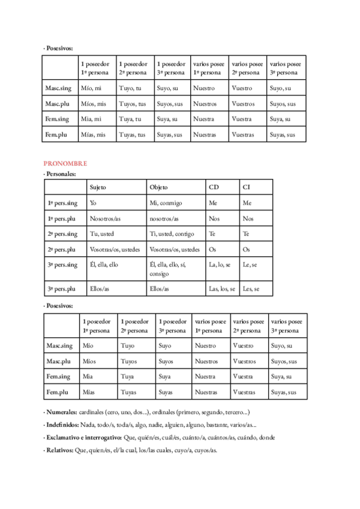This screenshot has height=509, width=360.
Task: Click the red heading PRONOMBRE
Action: pyautogui.click(x=65, y=163)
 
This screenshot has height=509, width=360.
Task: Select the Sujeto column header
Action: pyautogui.click(x=98, y=187)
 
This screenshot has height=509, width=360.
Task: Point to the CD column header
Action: pyautogui.click(x=214, y=187)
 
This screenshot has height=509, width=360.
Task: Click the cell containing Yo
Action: pyautogui.click(x=93, y=203)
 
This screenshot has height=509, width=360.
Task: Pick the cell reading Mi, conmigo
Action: pyautogui.click(x=166, y=203)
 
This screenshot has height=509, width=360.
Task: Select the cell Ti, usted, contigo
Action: pyautogui.click(x=172, y=234)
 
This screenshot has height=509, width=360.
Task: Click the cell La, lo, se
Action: pyautogui.click(x=219, y=265)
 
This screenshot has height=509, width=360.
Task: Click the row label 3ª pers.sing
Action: pyautogui.click(x=62, y=265)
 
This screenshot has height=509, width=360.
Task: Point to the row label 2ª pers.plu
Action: pyautogui.click(x=62, y=249)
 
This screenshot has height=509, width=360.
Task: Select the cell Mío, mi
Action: pyautogui.click(x=91, y=88)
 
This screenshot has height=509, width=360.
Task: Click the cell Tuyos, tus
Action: pyautogui.click(x=132, y=104)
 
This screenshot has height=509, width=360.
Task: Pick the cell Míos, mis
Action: pyautogui.click(x=93, y=104)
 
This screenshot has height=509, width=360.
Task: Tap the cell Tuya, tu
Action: pyautogui.click(x=130, y=119)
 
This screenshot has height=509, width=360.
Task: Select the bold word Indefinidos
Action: pyautogui.click(x=62, y=425)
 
